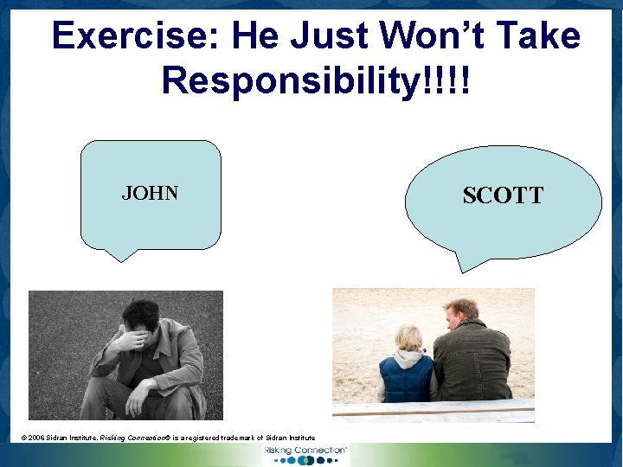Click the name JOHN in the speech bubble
tap(150, 193)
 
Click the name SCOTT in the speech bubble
tap(503, 196)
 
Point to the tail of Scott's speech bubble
tap(466, 263)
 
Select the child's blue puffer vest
tap(406, 379)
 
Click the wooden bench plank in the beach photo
tap(433, 409)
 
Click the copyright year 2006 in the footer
tap(38, 438)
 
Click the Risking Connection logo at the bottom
tap(305, 453)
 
